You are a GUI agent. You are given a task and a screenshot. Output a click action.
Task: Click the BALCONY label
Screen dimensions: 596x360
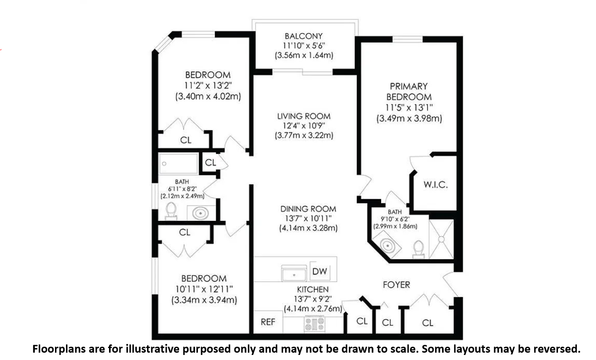click(304, 36)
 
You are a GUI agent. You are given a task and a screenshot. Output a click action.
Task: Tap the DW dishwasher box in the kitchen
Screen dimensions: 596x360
click(320, 271)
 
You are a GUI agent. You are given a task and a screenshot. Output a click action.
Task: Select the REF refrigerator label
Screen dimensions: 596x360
click(268, 322)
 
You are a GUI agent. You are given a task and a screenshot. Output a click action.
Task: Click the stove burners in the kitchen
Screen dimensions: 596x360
click(315, 324)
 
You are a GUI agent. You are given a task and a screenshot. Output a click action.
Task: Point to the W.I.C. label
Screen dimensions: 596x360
click(436, 185)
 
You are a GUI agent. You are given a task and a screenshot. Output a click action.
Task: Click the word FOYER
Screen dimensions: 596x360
click(396, 285)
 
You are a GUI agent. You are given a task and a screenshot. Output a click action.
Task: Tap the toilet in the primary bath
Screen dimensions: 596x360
click(419, 249)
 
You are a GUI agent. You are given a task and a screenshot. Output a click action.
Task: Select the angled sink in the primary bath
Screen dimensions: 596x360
click(387, 245)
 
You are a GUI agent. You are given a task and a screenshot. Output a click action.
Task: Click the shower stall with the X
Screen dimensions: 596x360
click(441, 239)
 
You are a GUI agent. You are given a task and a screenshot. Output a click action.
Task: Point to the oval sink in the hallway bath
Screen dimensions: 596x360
click(200, 213)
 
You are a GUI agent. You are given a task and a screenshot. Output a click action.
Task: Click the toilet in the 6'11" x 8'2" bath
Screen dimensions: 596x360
click(171, 211)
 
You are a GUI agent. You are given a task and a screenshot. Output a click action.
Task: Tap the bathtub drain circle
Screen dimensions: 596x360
click(164, 164)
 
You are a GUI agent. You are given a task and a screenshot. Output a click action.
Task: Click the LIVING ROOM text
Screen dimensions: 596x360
click(304, 116)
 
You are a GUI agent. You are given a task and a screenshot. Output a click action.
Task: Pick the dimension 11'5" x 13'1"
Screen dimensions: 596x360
click(409, 108)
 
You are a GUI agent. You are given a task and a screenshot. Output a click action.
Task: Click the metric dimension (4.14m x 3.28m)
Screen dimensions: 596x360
click(308, 228)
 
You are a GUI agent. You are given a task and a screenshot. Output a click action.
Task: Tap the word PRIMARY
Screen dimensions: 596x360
click(409, 87)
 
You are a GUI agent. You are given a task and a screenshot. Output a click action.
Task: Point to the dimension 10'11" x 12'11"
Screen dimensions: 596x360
click(204, 289)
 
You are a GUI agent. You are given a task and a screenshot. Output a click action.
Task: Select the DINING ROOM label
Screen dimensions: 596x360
click(308, 209)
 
